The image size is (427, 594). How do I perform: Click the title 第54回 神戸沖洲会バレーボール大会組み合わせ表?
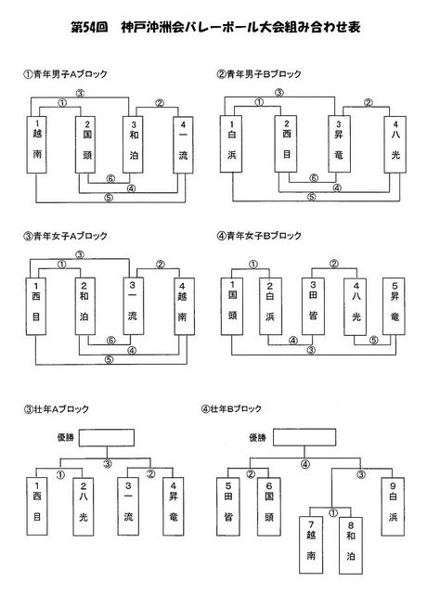pos(215,27)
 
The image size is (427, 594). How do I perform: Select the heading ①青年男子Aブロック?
pos(66,74)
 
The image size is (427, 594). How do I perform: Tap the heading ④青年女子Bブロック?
pos(259,236)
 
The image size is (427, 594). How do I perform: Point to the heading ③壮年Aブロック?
pos(56,409)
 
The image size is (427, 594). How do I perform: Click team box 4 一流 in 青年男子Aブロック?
pos(183,145)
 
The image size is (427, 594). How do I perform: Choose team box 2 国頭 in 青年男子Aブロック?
pos(85,145)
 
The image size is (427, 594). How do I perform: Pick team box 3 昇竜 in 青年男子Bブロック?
pos(338,145)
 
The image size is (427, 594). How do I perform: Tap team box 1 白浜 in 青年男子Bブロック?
pos(231,145)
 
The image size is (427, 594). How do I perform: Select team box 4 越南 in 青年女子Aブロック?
pos(184,306)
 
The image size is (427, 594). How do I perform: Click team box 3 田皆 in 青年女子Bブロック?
pos(313,306)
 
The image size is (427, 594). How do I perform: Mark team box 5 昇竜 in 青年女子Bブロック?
pos(394,306)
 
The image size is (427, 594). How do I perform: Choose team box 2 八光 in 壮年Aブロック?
pos(83,507)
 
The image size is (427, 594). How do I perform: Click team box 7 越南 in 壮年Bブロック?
pos(311,545)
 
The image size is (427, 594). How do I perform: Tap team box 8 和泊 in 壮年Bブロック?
pos(351,546)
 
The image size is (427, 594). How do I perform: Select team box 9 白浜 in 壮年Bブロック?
pos(393,507)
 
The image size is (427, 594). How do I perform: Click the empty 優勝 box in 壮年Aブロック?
pos(107,437)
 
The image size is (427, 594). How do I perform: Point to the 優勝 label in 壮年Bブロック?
pos(258,438)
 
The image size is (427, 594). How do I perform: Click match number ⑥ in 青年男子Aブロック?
pos(110,178)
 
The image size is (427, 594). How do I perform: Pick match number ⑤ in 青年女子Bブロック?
pos(373,341)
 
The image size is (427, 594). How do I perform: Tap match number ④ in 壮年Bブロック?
pos(305,464)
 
